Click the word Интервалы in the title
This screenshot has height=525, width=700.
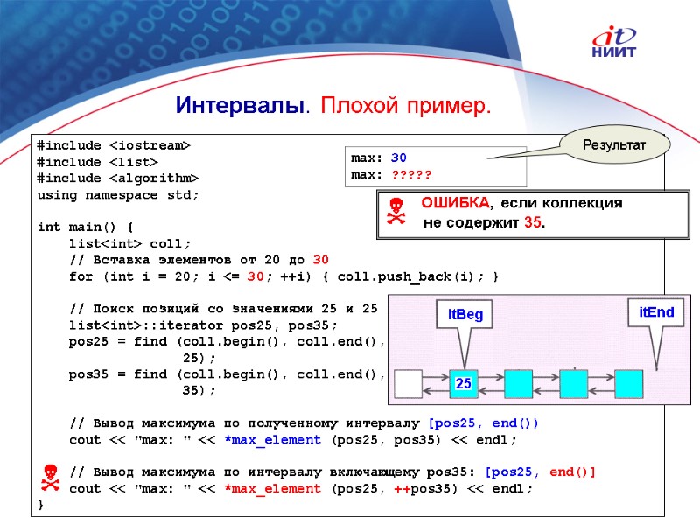(x=239, y=107)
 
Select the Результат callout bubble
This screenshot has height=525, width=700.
(x=614, y=143)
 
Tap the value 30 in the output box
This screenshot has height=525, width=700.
(x=399, y=158)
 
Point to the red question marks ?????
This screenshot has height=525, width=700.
(x=411, y=175)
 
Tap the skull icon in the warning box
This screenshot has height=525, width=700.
(x=396, y=213)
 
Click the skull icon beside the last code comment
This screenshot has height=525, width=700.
(x=51, y=479)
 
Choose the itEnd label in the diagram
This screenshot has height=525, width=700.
(x=656, y=312)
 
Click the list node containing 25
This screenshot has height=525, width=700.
(x=464, y=383)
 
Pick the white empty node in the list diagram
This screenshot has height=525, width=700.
(x=409, y=383)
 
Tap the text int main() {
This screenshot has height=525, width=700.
(x=86, y=227)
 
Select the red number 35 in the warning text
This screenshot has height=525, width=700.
(x=532, y=222)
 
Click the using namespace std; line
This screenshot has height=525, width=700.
(x=117, y=194)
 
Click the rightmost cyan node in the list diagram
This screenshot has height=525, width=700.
(x=628, y=383)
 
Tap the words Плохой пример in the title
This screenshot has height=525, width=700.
(x=406, y=107)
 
